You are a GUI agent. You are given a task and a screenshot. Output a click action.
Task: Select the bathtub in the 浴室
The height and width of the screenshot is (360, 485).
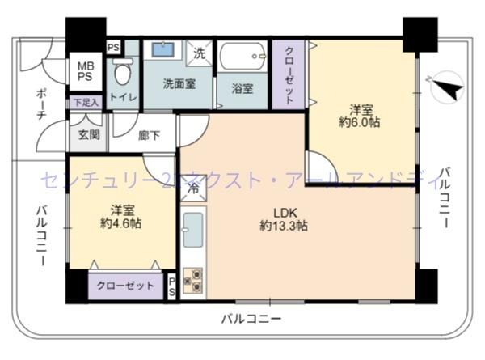point(242,58)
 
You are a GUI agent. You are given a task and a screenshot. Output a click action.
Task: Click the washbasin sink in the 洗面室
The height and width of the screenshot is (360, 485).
point(164,50)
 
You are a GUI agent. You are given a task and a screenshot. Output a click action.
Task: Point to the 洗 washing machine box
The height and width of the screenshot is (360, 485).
point(200,54)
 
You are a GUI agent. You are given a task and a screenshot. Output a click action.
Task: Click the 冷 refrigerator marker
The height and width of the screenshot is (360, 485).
point(193,188)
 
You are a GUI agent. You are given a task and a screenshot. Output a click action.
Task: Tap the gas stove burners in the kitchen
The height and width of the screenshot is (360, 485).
point(193,281)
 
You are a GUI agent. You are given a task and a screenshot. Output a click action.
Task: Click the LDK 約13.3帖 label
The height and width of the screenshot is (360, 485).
point(283,220)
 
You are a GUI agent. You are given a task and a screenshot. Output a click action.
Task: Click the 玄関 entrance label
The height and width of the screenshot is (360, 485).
point(89,134)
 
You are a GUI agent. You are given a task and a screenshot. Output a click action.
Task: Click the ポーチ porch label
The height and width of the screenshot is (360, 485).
point(40,104)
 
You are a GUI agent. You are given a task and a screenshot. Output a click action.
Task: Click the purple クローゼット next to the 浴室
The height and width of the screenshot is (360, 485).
point(289,73)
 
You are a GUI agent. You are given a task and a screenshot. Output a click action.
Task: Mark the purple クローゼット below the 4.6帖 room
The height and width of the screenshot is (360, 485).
point(125,286)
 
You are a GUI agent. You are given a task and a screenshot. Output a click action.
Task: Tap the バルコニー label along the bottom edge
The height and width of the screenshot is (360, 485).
point(251,319)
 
